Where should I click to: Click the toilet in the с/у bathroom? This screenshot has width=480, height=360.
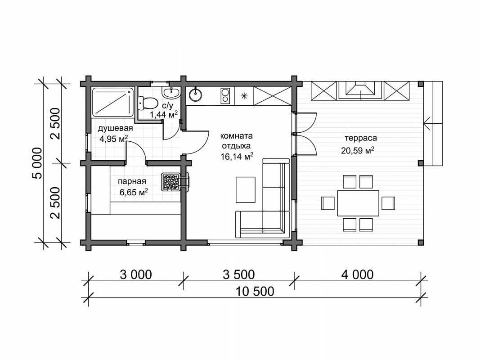tap(148, 103)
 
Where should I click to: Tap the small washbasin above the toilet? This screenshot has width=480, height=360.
tap(171, 92)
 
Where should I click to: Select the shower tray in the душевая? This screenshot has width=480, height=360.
tap(112, 102)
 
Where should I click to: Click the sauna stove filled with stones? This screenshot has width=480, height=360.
tap(171, 182)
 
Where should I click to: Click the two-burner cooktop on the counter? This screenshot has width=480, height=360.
tap(225, 95)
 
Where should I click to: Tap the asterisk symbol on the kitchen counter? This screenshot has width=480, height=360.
tap(244, 96)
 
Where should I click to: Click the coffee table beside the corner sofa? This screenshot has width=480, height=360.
tap(246, 190)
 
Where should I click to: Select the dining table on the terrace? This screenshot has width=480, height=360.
tap(358, 203)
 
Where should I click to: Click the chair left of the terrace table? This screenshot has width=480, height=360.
tap(328, 203)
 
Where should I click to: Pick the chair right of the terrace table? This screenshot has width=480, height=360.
tap(388, 203)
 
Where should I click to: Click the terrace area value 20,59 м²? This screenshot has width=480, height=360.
tap(358, 150)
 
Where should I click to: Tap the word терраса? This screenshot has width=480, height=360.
tap(361, 138)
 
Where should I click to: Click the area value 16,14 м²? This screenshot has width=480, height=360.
tap(237, 157)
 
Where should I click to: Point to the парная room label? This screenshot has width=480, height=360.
tap(132, 181)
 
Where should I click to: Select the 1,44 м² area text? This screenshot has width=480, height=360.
tap(164, 115)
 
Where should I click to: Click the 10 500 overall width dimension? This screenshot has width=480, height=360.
tap(255, 292)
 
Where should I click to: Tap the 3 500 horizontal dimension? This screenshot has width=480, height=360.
tap(239, 274)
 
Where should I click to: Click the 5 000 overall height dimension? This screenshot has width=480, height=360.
tap(37, 163)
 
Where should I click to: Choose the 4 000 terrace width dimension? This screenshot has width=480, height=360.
tap(358, 274)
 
